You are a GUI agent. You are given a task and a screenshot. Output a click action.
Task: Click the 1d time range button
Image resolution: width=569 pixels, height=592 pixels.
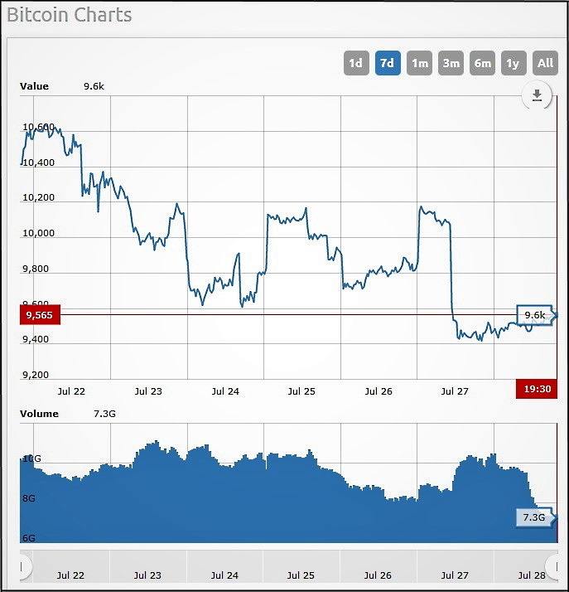point(355,63)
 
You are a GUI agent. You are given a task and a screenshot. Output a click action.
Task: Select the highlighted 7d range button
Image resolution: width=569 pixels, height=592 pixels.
point(387,63)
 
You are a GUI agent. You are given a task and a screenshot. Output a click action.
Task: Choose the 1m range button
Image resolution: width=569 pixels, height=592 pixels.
point(420,63)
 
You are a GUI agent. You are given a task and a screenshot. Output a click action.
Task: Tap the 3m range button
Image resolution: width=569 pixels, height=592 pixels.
point(451,63)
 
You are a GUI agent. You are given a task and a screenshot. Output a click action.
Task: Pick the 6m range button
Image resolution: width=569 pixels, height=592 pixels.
point(483,63)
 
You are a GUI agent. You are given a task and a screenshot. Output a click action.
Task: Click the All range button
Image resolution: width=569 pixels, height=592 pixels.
point(545,63)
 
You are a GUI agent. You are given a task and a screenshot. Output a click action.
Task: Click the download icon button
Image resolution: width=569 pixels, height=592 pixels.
point(537,96)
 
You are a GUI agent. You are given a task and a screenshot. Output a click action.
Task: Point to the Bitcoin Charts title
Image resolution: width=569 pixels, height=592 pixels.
point(70,15)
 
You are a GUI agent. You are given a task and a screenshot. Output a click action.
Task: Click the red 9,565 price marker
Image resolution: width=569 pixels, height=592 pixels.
point(39,315)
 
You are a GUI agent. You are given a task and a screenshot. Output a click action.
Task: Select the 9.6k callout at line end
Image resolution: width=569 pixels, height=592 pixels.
point(535,315)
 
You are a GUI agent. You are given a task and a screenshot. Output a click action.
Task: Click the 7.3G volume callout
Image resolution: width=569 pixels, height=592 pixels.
point(534,517)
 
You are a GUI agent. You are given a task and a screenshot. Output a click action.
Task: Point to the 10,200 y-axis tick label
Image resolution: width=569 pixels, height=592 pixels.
point(39,197)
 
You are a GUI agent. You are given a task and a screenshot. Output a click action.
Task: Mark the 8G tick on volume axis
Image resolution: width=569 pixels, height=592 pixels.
point(28,498)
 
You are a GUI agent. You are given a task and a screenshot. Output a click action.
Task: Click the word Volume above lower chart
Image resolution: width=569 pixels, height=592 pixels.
point(39,414)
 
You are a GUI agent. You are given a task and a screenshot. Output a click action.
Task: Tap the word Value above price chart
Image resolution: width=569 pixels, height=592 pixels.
point(35,86)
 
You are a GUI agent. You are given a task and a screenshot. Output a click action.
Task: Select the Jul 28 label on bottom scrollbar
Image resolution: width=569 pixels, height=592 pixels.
point(532,575)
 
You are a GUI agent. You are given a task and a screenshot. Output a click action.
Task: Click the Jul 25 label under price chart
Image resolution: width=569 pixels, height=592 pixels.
point(301,391)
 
